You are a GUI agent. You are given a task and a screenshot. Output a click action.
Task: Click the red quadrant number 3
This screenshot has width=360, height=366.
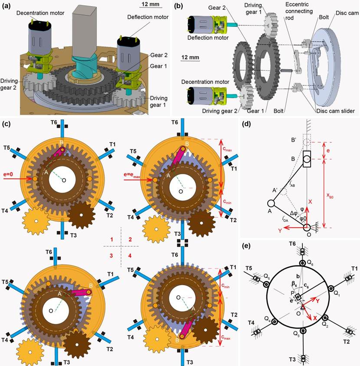[111, 255]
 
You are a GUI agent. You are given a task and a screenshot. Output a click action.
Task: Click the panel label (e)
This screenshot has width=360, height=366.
[260, 247]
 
